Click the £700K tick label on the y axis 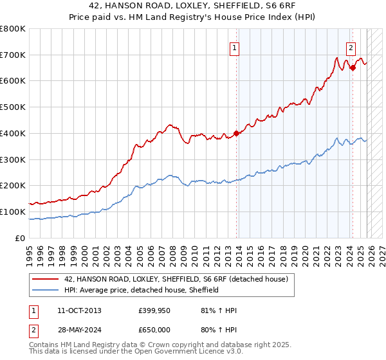(13, 55)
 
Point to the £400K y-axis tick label (13, 134)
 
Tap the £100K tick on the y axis (13, 212)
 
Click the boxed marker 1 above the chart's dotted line (234, 47)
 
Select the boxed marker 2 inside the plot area (351, 47)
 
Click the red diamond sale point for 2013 (236, 134)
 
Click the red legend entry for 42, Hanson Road (179, 279)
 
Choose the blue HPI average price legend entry (142, 290)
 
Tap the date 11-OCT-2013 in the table (79, 310)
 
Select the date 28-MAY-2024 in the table (79, 328)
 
